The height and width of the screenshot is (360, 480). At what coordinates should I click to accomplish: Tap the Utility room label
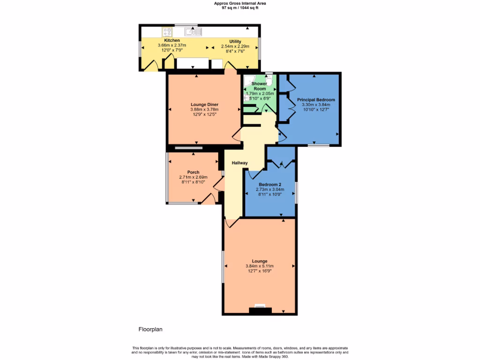235,41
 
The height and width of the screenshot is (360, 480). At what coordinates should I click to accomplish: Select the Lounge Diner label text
204,105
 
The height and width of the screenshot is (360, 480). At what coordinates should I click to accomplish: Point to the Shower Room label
259,86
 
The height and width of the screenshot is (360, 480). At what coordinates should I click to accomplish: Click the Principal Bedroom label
316,100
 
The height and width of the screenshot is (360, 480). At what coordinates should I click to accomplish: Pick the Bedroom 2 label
269,185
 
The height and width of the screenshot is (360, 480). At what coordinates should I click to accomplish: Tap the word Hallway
240,163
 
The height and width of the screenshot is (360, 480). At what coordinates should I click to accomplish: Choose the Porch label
193,172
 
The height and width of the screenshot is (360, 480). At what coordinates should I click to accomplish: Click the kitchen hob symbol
167,32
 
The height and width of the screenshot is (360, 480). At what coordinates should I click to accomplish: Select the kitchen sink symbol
193,32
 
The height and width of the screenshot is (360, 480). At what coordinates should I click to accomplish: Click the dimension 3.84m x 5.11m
259,266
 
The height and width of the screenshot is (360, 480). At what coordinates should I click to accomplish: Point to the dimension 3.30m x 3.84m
316,105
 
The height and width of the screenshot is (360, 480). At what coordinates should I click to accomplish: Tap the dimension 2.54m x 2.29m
235,46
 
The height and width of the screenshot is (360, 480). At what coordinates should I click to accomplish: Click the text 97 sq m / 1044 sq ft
240,7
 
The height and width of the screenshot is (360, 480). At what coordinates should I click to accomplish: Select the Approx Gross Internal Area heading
240,3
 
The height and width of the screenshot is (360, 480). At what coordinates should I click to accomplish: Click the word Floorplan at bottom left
150,330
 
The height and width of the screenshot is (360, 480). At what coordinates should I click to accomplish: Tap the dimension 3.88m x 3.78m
204,110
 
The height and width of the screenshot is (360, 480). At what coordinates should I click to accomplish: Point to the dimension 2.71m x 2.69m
193,177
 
